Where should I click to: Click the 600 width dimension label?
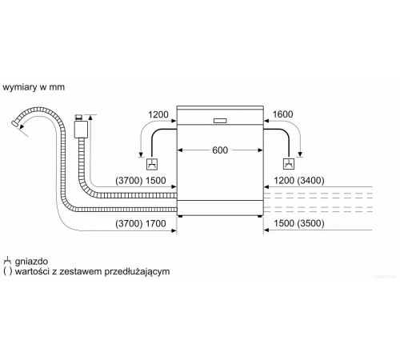click(220, 150)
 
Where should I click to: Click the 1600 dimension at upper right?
click(282, 114)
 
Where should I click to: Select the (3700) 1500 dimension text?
click(141, 181)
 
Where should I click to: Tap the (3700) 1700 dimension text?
click(141, 223)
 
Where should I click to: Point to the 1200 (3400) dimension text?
click(299, 181)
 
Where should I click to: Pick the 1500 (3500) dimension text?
click(299, 223)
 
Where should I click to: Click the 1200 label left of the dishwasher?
click(158, 114)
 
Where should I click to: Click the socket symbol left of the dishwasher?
click(152, 164)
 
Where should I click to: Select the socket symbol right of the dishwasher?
click(289, 164)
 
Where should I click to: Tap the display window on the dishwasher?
click(220, 121)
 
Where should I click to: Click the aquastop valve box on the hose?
click(81, 130)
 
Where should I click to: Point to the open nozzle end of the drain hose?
click(15, 123)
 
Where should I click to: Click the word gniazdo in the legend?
click(31, 261)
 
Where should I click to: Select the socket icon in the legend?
click(7, 261)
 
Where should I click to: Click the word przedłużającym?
click(137, 272)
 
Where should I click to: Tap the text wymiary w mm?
click(34, 87)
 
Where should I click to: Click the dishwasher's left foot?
click(181, 216)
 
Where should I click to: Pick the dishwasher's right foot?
click(259, 216)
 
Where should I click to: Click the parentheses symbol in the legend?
click(8, 271)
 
